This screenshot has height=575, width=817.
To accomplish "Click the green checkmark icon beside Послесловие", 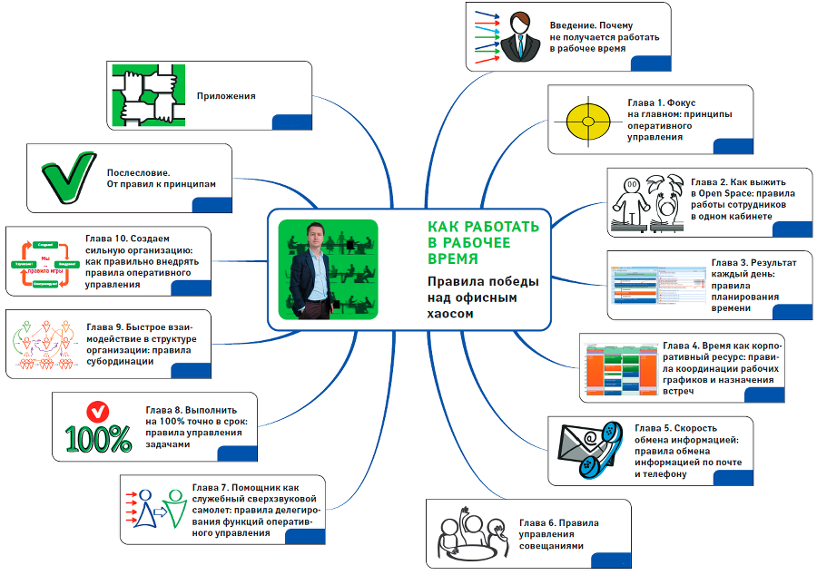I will pyautogui.click(x=69, y=175).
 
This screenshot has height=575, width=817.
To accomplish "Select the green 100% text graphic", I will pyautogui.click(x=98, y=438).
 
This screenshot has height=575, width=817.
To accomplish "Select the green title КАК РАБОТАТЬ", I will pyautogui.click(x=484, y=226).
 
